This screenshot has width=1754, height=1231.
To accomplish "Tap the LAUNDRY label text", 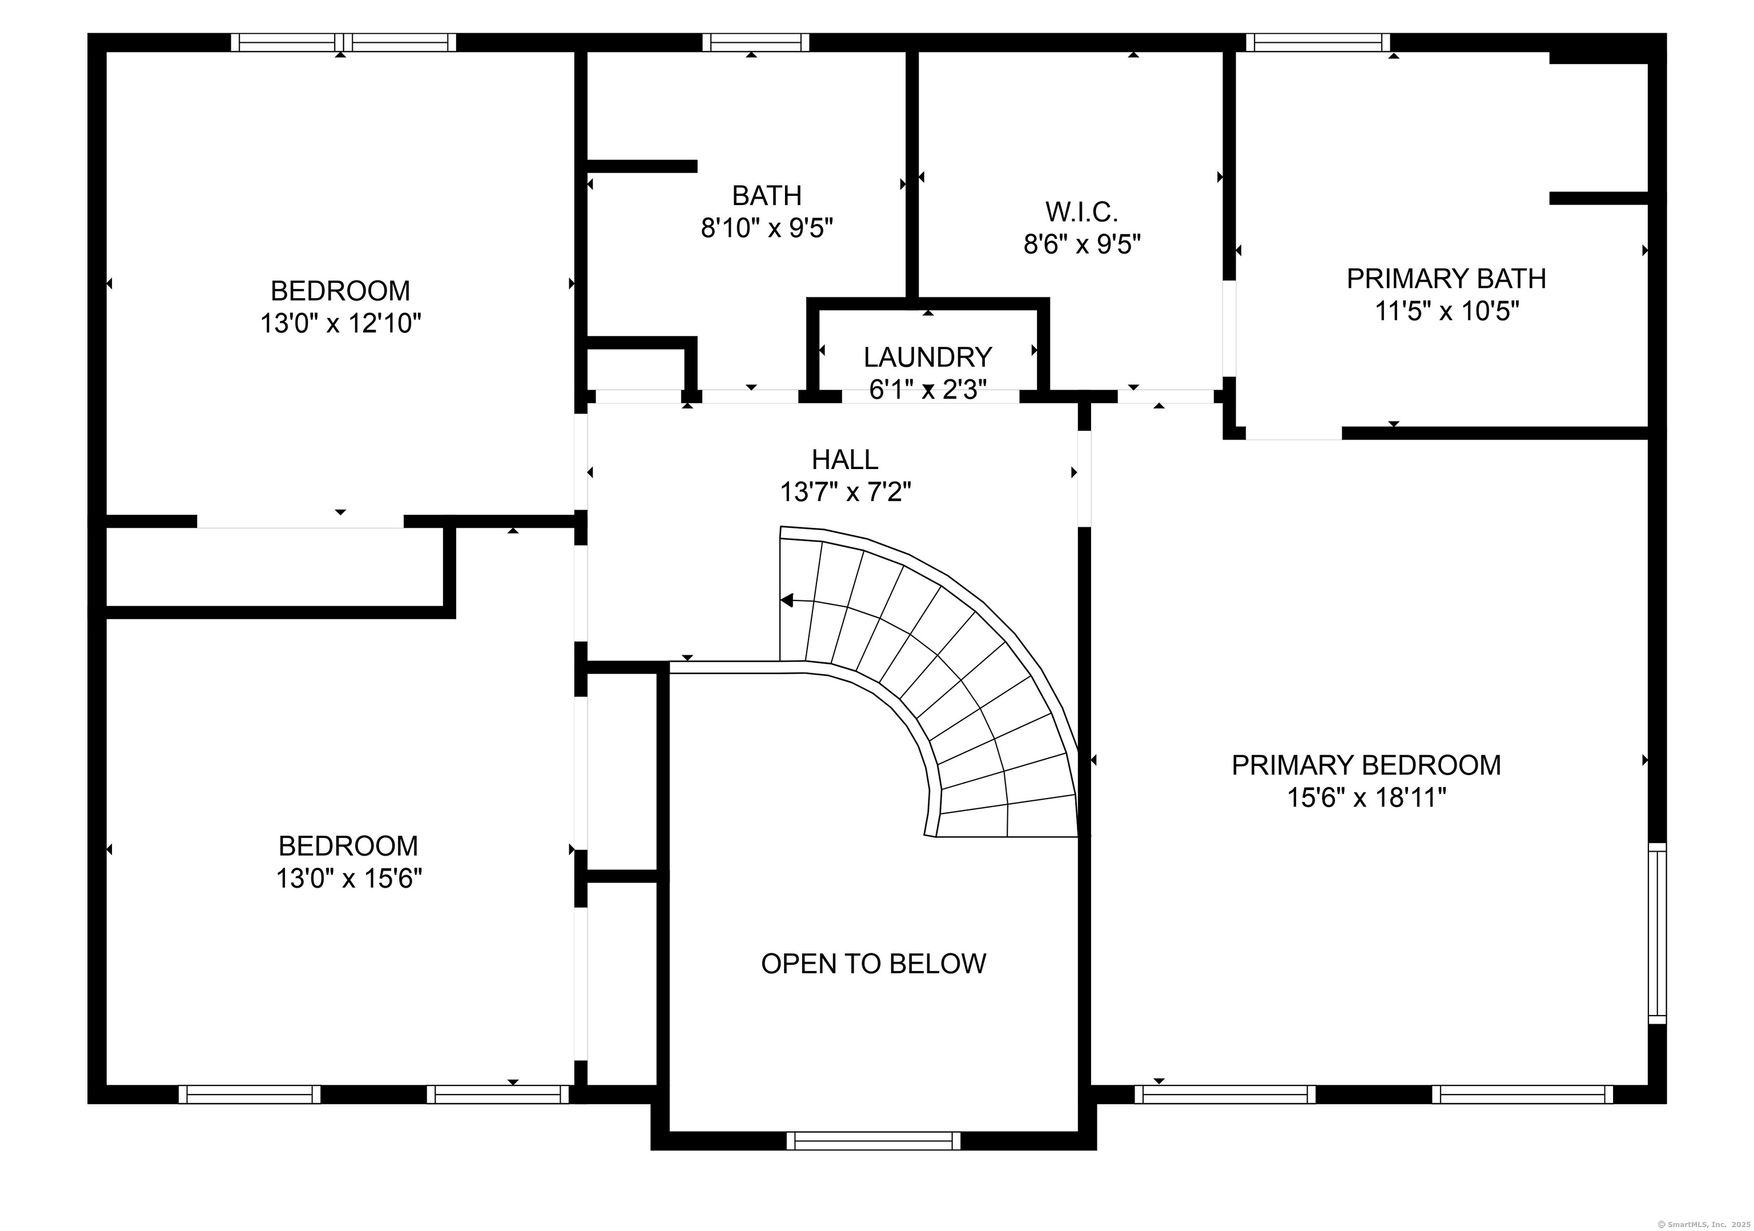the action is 927,357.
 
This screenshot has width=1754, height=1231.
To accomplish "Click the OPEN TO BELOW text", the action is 873,964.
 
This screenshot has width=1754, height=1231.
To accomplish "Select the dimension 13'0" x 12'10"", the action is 341,324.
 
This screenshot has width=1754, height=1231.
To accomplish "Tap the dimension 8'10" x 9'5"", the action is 766,228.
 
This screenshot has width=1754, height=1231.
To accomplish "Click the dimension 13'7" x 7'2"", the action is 845,492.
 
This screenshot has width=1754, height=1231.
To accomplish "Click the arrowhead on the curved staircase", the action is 787,600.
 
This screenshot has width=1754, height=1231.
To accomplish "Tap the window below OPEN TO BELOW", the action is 873,1141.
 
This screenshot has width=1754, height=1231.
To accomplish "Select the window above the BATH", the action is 755,42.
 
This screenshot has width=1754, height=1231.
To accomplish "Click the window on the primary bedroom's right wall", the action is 1657,933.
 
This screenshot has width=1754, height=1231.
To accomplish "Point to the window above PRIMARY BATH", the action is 1318,42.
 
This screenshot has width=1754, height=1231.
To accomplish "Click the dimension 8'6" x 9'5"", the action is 1082,244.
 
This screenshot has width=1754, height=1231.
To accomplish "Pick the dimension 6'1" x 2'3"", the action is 927,390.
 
